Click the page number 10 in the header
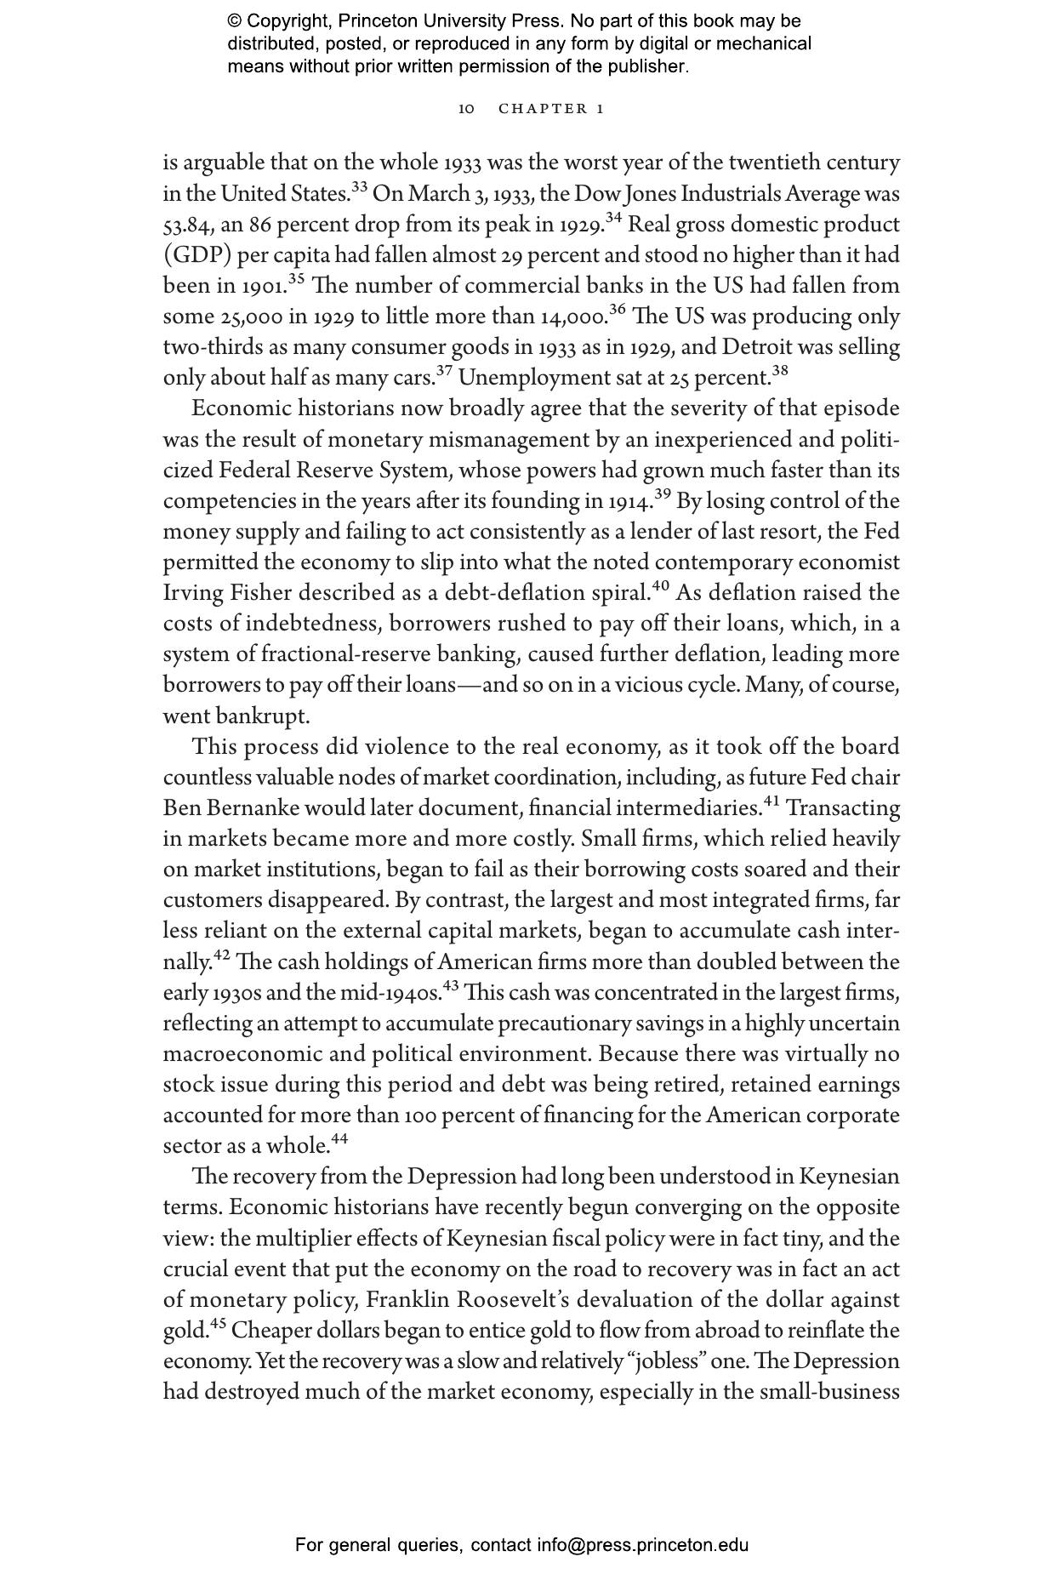pos(466,109)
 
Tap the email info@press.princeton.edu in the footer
pos(642,1545)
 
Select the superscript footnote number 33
pos(359,186)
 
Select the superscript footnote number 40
pos(660,585)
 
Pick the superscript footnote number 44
pos(339,1138)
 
